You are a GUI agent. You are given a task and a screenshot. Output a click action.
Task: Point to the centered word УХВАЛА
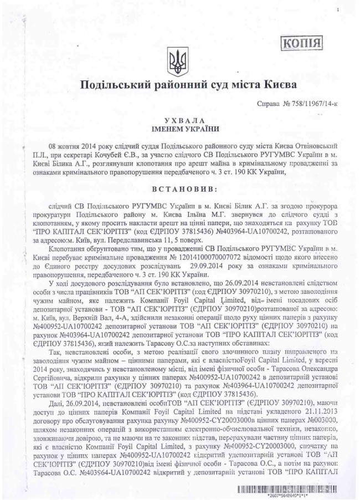tap(180, 121)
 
